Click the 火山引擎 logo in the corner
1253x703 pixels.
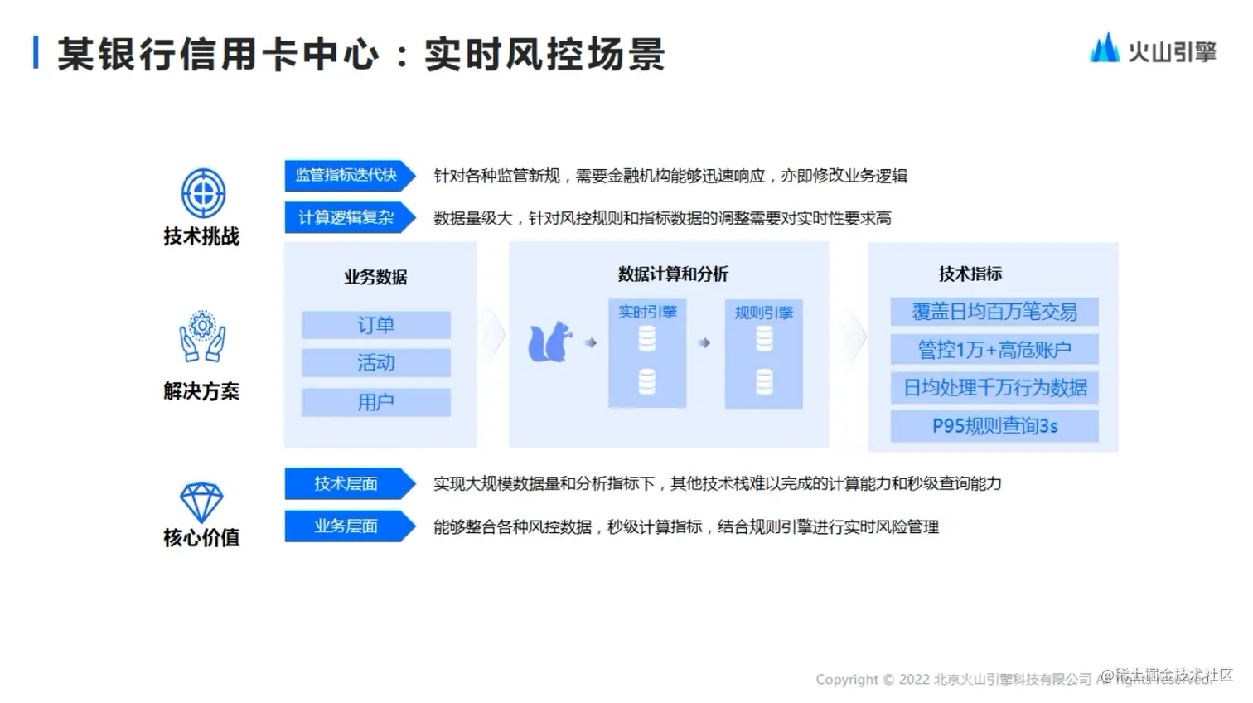[x=1153, y=50]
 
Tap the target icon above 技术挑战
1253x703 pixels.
[x=203, y=193]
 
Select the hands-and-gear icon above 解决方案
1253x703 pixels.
[x=202, y=337]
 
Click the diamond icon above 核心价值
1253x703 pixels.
[x=201, y=502]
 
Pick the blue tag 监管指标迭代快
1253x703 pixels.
[x=347, y=175]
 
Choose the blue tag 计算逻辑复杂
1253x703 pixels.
[x=347, y=217]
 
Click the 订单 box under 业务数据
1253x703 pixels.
[x=375, y=325]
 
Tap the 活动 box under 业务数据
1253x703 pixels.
[x=375, y=363]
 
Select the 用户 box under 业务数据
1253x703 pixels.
[x=375, y=402]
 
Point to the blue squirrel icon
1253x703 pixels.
[x=550, y=342]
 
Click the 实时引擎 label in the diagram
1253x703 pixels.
[x=647, y=312]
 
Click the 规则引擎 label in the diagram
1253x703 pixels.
[x=763, y=313]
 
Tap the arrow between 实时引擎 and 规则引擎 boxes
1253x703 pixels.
[x=704, y=342]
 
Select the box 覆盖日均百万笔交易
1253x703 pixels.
[x=994, y=312]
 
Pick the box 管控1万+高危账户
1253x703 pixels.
[x=994, y=350]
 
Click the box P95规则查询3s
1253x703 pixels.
[x=994, y=426]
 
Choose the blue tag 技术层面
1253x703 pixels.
[x=347, y=483]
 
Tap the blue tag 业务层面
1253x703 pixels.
[x=347, y=526]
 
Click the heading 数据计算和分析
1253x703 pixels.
[x=672, y=274]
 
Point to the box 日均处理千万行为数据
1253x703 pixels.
[x=994, y=388]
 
